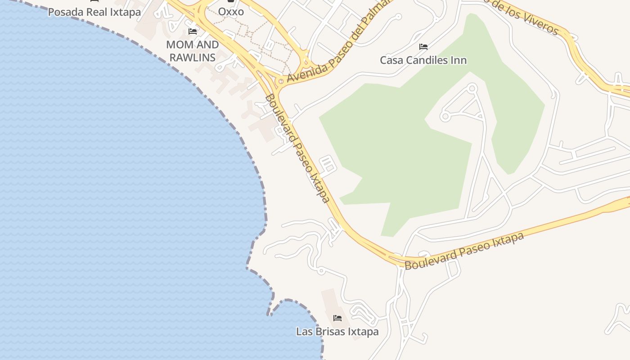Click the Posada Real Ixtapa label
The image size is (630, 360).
point(94,12)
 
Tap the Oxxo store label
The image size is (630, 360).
point(231,12)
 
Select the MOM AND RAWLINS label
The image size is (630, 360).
point(193,51)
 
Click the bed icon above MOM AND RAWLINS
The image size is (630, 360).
point(193,31)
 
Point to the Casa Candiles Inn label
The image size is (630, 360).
point(423,60)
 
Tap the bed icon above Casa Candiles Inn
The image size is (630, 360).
point(423,47)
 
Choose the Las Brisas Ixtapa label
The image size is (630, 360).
point(337,332)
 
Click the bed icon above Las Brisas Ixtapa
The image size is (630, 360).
point(337,319)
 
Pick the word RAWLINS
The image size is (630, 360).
point(193,58)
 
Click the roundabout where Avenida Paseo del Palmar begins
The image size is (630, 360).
point(281,81)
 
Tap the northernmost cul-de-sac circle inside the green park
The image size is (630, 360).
point(472,89)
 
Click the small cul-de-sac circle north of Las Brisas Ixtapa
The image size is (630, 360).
point(321,271)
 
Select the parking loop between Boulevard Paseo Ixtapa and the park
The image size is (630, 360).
point(328,164)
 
